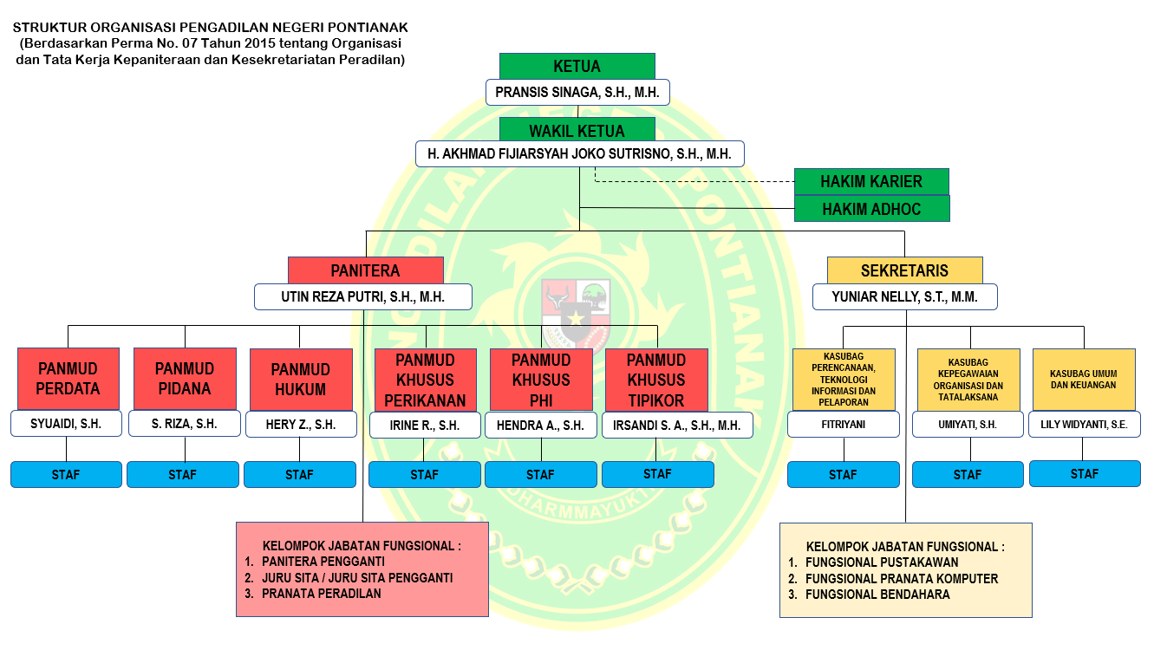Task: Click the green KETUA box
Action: tap(577, 67)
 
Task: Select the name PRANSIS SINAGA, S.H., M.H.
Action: tap(577, 92)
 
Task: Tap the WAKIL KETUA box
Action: tap(577, 132)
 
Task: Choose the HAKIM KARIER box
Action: tap(871, 182)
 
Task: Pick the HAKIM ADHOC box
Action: tap(871, 209)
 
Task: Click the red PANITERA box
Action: tap(365, 270)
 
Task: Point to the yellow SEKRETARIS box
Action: tap(904, 270)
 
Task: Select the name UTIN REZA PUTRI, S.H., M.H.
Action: tap(363, 297)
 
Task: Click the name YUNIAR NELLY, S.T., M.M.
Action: tap(904, 297)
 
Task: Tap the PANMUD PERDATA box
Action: tap(68, 379)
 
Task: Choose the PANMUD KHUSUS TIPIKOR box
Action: tap(655, 379)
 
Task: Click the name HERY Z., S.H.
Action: tap(301, 425)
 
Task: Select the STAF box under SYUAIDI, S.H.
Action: tap(66, 475)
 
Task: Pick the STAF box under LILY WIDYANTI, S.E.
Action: tap(1084, 474)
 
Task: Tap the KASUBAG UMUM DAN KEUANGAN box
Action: tap(1084, 379)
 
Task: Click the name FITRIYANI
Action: tap(843, 425)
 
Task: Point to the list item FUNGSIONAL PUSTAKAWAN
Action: tap(882, 562)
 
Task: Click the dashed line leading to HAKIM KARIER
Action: tap(694, 181)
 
